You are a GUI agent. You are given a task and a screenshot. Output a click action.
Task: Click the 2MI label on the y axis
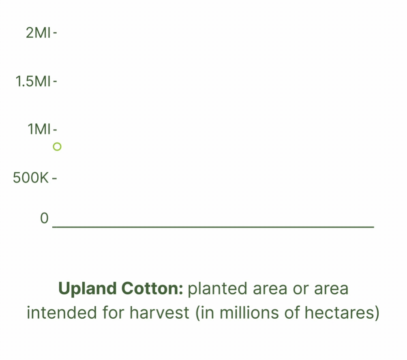[x=38, y=33]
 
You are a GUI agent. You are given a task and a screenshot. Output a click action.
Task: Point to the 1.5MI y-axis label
[x=33, y=81]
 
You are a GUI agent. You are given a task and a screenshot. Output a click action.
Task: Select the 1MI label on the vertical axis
[x=39, y=129]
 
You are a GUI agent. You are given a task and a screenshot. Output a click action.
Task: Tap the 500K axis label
[x=31, y=178]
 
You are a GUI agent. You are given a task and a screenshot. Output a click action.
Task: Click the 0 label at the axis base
[x=44, y=218]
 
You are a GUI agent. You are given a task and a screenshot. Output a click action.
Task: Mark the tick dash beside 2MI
[x=55, y=33]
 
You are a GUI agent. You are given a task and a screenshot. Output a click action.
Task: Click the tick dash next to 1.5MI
[x=55, y=81]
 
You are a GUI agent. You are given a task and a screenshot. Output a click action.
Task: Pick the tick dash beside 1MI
[x=55, y=129]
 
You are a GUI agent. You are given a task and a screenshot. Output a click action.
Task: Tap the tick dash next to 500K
[x=54, y=178]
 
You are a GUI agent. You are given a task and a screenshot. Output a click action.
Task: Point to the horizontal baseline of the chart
[x=213, y=227]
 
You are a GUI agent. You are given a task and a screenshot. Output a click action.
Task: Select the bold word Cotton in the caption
[x=152, y=288]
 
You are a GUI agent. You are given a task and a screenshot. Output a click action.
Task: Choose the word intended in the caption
[x=62, y=312]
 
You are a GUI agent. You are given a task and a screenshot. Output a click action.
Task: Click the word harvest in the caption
[x=159, y=312]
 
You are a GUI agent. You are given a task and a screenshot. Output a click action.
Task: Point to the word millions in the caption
[x=249, y=312]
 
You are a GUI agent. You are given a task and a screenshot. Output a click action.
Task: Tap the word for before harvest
[x=114, y=312]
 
